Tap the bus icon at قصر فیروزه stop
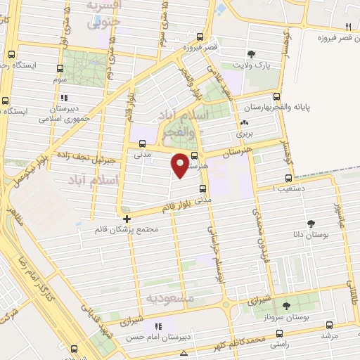click(x=200, y=37)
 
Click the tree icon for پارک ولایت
click(x=252, y=54)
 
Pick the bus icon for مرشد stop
click(x=330, y=326)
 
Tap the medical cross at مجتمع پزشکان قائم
click(x=126, y=219)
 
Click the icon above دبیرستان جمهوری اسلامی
click(x=64, y=98)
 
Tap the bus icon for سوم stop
click(x=59, y=70)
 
